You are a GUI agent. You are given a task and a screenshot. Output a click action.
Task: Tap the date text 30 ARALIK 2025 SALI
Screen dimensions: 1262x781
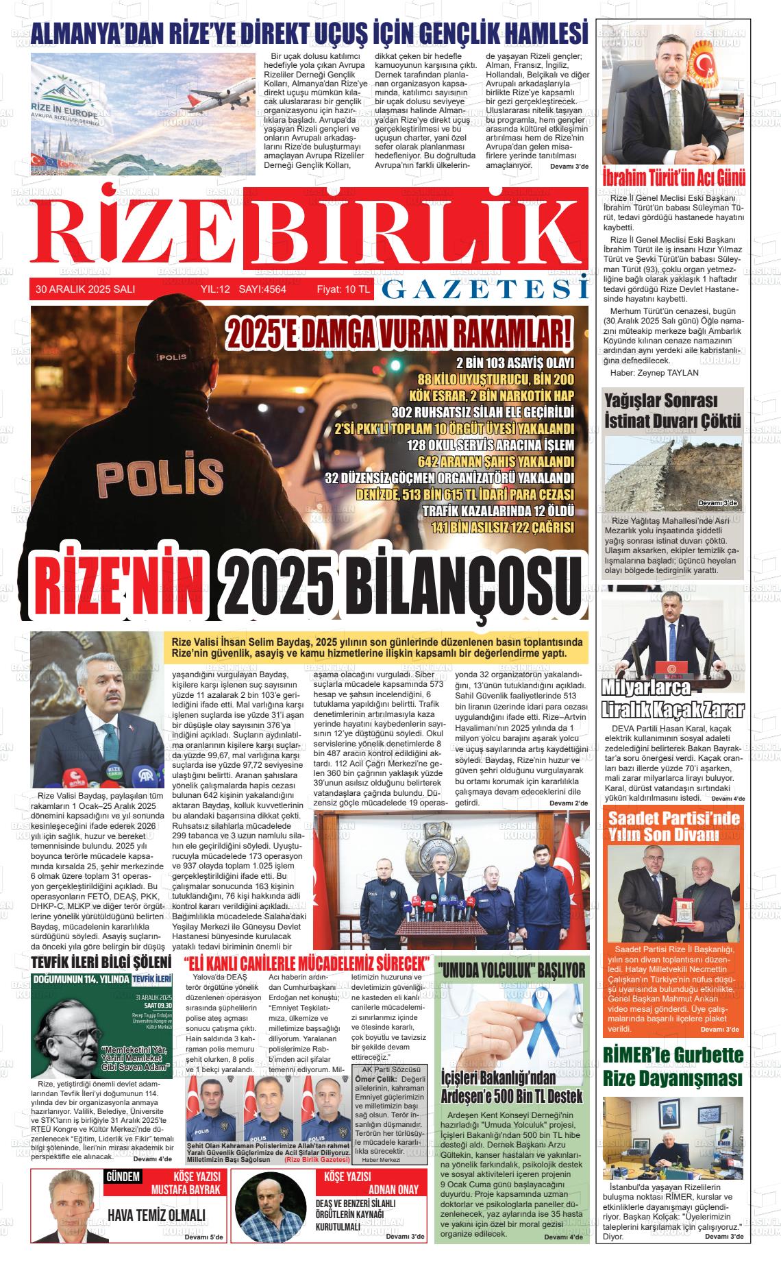86,290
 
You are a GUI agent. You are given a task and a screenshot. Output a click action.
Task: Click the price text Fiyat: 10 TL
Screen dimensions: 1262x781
343,290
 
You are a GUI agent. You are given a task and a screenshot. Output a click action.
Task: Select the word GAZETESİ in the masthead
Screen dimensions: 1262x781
484,290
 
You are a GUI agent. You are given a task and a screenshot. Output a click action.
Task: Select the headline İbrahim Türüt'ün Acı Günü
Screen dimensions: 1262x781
673,178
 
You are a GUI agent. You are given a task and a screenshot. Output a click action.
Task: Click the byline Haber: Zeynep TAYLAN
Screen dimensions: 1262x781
654,373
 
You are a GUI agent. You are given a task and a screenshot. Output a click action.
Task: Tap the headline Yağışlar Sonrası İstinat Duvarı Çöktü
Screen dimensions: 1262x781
672,410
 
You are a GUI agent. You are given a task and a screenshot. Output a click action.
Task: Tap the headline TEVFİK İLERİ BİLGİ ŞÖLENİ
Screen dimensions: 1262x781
101,962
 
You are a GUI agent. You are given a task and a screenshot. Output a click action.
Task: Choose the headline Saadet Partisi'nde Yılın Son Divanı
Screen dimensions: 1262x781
674,826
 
